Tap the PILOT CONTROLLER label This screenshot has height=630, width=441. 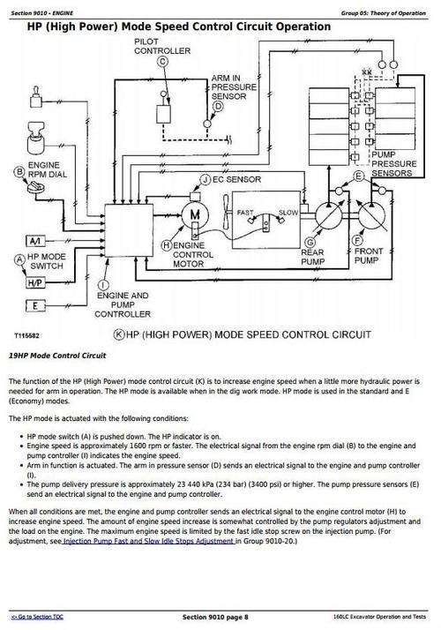coord(161,47)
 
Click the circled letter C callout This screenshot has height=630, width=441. coord(161,63)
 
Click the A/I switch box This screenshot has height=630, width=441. coord(35,241)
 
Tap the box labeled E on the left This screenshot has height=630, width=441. coord(35,305)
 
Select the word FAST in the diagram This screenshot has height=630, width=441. coord(244,213)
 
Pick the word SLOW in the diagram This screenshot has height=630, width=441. coord(288,213)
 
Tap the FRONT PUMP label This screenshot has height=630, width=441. coord(367,256)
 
